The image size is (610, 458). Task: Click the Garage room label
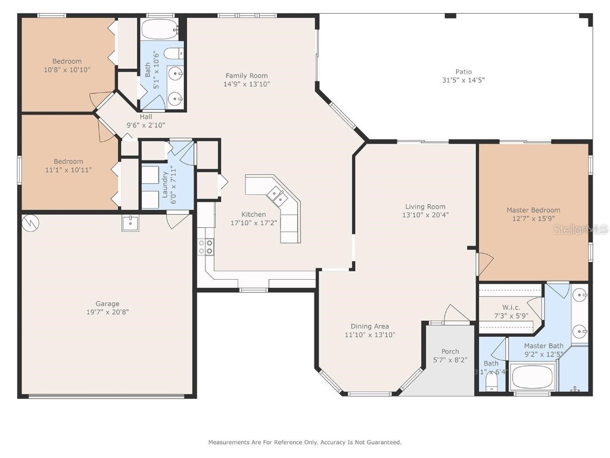pos(108,304)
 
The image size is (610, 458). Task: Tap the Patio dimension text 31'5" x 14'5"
pos(463,80)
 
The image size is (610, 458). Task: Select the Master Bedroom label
pos(533,210)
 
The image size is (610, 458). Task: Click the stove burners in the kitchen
pos(206,247)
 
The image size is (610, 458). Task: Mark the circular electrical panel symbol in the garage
pos(29,222)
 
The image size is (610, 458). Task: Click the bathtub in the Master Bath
pos(533,377)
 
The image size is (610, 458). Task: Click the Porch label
pos(450,351)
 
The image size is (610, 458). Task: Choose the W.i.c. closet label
pos(511,307)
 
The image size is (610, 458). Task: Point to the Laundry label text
pos(164,186)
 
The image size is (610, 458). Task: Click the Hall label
pos(145,117)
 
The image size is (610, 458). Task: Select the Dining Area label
pos(369,326)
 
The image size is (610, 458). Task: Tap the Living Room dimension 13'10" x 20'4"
pos(425,215)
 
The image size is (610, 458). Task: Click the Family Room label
pos(246,76)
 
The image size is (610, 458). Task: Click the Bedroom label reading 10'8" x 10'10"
pos(67,70)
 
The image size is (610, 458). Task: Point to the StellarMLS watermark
pos(580,229)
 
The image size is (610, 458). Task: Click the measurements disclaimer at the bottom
pos(304,442)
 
